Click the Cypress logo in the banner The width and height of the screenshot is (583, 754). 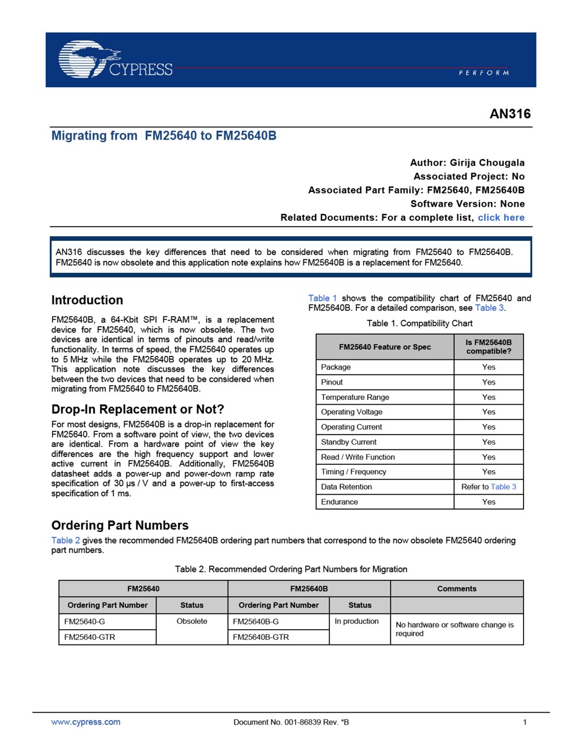pyautogui.click(x=115, y=59)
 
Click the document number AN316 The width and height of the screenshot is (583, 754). pyautogui.click(x=510, y=114)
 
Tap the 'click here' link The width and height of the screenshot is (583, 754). pyautogui.click(x=501, y=217)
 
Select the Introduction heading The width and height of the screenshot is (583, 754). pyautogui.click(x=87, y=300)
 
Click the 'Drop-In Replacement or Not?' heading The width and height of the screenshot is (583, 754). pyautogui.click(x=138, y=409)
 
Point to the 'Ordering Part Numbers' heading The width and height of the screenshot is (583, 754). pyautogui.click(x=120, y=525)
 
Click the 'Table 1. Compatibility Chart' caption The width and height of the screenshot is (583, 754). pyautogui.click(x=419, y=323)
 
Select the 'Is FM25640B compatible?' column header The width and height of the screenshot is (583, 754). pyautogui.click(x=489, y=347)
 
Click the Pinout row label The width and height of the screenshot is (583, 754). pyautogui.click(x=332, y=382)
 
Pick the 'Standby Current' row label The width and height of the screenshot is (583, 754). pyautogui.click(x=349, y=442)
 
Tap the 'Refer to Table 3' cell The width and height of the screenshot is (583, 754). pyautogui.click(x=489, y=487)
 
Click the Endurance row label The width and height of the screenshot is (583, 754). pyautogui.click(x=339, y=502)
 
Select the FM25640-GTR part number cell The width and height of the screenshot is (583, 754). pyautogui.click(x=90, y=637)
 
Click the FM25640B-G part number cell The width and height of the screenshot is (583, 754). pyautogui.click(x=256, y=621)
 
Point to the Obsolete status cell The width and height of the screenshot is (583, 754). pyautogui.click(x=192, y=621)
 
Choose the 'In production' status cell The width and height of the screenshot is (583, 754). pyautogui.click(x=356, y=621)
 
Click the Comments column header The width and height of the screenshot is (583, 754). pyautogui.click(x=456, y=588)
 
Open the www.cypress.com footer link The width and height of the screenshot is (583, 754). pyautogui.click(x=86, y=722)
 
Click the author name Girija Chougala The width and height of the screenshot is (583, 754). pyautogui.click(x=487, y=163)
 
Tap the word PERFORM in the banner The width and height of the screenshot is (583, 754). pyautogui.click(x=483, y=73)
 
